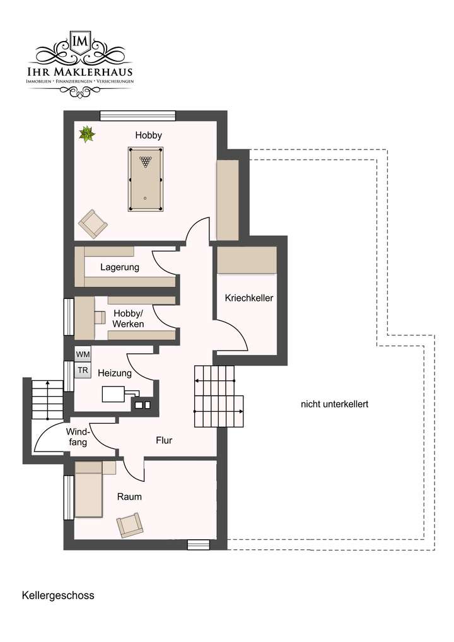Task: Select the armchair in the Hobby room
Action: (x=93, y=224)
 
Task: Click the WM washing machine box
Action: (x=83, y=354)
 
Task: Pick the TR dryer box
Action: (x=83, y=370)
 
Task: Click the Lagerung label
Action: (x=119, y=267)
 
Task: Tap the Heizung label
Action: (x=114, y=373)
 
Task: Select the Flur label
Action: (x=164, y=440)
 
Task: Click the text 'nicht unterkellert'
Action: (x=334, y=404)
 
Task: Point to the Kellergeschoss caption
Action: (x=57, y=595)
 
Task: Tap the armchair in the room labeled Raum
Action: (x=129, y=525)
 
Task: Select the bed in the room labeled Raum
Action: (x=88, y=489)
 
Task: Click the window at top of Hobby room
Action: (x=137, y=115)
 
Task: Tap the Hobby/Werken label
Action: (x=128, y=318)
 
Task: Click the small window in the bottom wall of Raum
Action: (x=198, y=544)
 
